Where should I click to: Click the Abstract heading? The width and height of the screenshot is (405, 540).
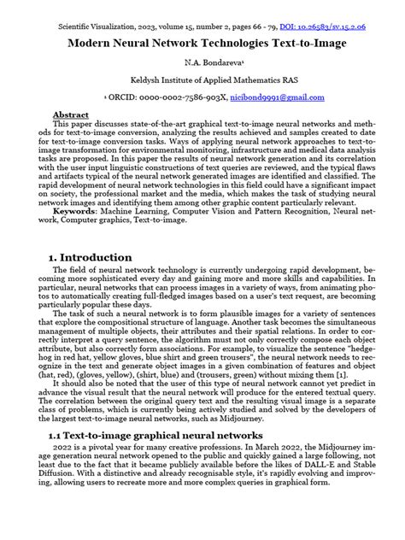click(x=70, y=114)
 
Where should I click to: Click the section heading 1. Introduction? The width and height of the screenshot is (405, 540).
click(x=91, y=233)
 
